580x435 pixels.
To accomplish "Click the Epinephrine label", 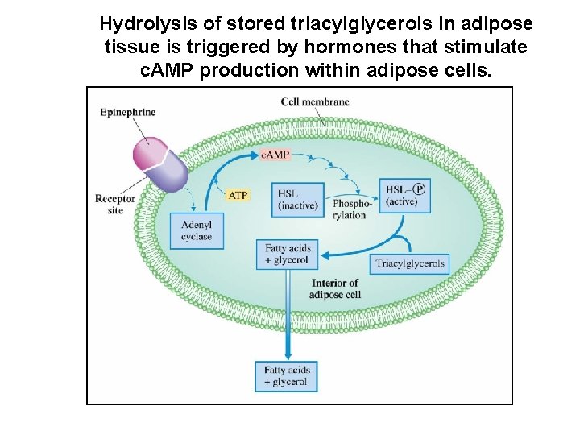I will click(128, 112).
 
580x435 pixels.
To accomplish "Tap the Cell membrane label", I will click(315, 101).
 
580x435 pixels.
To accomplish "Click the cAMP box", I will click(275, 154).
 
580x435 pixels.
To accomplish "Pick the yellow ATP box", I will click(238, 195).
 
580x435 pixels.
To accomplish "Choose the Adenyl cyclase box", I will click(197, 231).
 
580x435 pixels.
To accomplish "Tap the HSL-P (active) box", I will click(406, 196).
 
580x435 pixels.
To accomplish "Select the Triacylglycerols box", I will click(410, 263).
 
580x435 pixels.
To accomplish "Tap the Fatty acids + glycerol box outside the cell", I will click(286, 376).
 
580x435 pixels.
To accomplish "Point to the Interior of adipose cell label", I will click(334, 288).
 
